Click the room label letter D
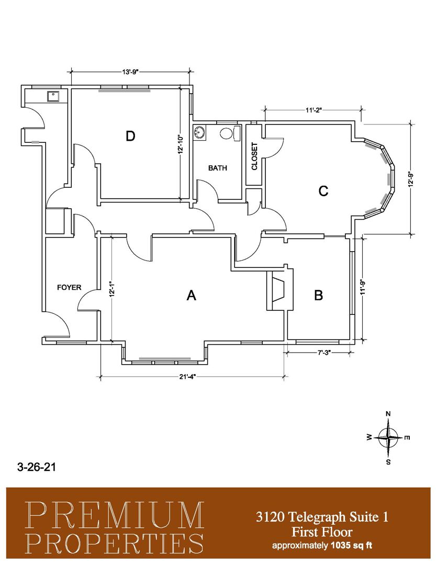130,136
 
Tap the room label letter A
191,296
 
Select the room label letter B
318,296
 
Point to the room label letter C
323,190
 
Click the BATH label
218,168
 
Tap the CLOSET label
254,156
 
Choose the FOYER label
69,288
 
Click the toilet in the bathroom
230,134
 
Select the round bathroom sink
199,131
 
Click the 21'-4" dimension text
188,377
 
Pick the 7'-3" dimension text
324,353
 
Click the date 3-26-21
37,467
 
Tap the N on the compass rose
388,414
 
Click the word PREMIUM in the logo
114,515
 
